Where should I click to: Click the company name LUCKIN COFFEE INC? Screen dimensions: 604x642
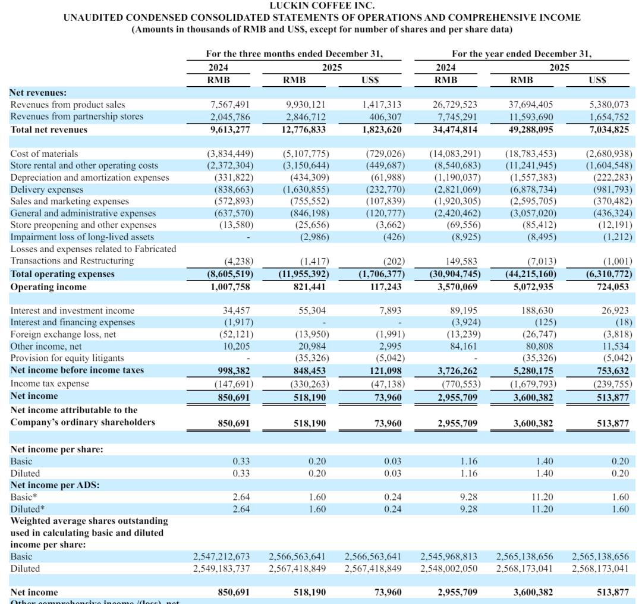point(322,6)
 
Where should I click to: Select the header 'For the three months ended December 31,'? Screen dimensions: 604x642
point(294,54)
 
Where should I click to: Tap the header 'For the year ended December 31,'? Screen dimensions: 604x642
point(521,54)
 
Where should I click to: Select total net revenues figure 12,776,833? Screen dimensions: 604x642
point(303,129)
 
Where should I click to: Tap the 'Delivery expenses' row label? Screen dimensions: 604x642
point(47,189)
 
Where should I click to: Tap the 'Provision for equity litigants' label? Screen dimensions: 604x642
point(67,358)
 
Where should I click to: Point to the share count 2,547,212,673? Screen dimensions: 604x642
point(221,556)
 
